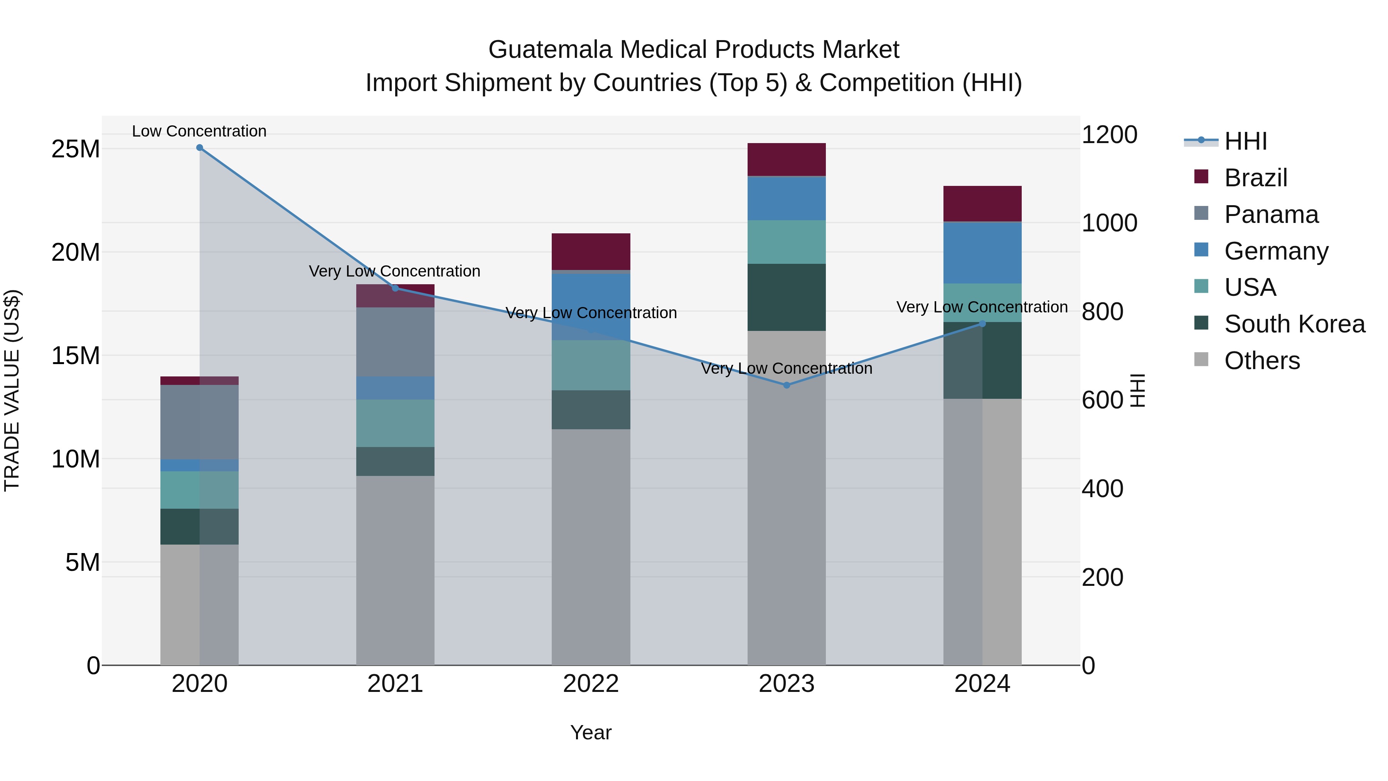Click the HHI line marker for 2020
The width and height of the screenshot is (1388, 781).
[199, 148]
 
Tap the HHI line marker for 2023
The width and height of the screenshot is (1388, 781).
[786, 385]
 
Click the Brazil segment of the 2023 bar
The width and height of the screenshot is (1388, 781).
[786, 160]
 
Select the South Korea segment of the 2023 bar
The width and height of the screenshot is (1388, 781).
[786, 297]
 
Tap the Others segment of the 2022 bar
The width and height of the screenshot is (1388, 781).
[591, 547]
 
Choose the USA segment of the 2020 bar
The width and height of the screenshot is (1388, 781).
[199, 490]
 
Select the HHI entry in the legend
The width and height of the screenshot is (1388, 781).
[1245, 141]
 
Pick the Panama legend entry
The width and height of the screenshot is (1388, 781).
[1270, 214]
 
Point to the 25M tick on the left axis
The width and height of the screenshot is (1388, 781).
[76, 149]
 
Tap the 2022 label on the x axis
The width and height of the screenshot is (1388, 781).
[591, 684]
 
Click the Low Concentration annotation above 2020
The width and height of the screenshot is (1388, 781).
[199, 131]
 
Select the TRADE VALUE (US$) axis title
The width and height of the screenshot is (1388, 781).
[12, 390]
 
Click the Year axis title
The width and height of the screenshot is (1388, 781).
[591, 732]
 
